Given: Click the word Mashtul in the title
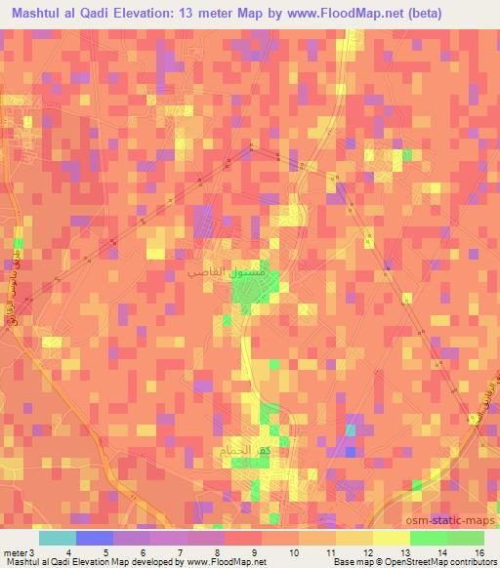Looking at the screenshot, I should (x=42, y=14).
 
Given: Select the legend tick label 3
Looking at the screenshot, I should (x=31, y=553).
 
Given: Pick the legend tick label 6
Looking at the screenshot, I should (x=144, y=553).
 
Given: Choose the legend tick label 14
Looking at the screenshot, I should (x=444, y=553).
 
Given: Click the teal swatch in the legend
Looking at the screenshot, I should (x=57, y=538).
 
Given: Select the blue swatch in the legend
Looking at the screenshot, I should (x=94, y=538).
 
